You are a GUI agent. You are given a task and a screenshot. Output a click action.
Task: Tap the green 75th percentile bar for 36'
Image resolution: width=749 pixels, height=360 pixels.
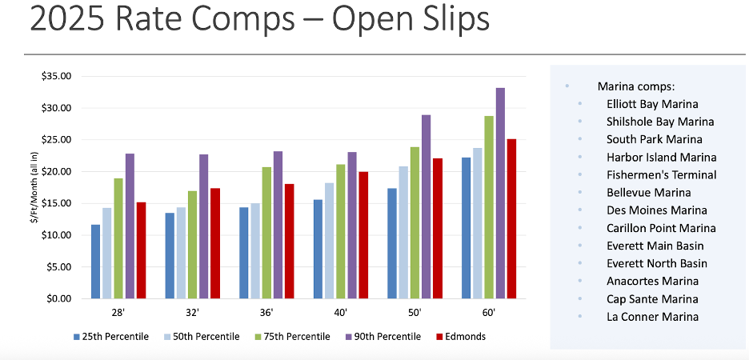pyautogui.click(x=266, y=233)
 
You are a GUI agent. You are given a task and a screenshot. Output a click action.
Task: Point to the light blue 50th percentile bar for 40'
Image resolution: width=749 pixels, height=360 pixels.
pyautogui.click(x=330, y=241)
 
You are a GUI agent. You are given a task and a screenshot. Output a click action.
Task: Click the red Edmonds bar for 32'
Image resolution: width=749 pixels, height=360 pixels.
pyautogui.click(x=215, y=243)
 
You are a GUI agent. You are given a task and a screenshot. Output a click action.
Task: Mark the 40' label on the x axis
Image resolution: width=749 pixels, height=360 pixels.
pyautogui.click(x=341, y=312)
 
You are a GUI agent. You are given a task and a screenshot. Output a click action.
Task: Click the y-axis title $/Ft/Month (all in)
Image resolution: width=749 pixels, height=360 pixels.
pyautogui.click(x=35, y=187)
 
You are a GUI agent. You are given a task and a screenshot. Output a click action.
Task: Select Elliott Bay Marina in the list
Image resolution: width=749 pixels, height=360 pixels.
pyautogui.click(x=652, y=104)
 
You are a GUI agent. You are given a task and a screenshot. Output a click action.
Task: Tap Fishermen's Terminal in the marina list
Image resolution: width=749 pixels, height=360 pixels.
pyautogui.click(x=661, y=174)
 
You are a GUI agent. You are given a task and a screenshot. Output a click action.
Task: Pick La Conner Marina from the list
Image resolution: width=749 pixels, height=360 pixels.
pyautogui.click(x=652, y=317)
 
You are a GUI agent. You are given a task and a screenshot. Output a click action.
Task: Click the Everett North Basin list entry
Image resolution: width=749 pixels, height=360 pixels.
pyautogui.click(x=657, y=263)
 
